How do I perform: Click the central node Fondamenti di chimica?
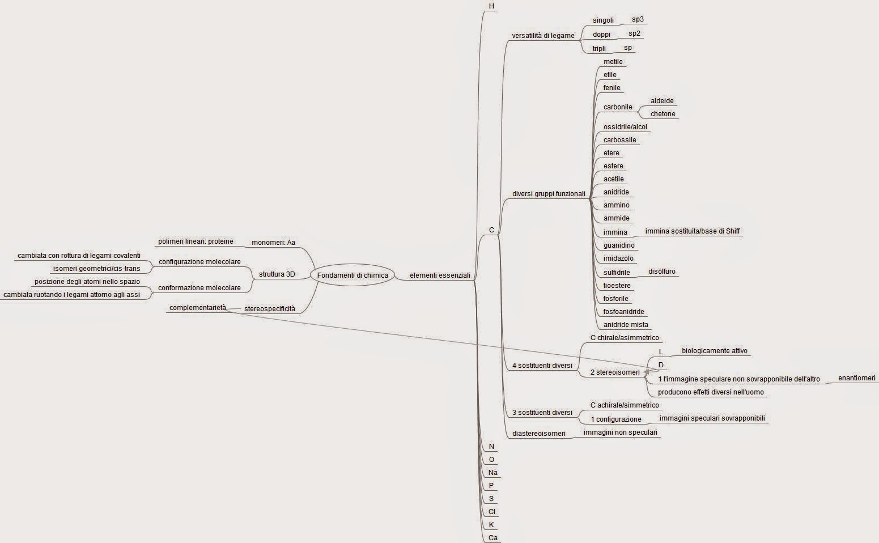click(x=353, y=275)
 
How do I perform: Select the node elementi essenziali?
click(x=440, y=275)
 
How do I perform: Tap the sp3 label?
click(x=638, y=19)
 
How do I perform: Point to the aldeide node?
click(x=662, y=101)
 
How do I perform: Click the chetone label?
click(x=663, y=114)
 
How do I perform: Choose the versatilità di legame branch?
click(x=543, y=36)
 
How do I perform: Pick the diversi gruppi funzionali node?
click(x=549, y=194)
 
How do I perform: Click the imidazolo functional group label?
click(x=618, y=258)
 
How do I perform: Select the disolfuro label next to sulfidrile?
click(x=662, y=271)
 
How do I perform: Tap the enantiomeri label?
click(x=856, y=378)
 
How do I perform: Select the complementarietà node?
click(x=197, y=308)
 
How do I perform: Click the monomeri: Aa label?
click(x=273, y=243)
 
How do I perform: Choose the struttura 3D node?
click(x=277, y=274)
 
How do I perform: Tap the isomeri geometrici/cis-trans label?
click(x=96, y=269)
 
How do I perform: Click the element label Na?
click(x=492, y=473)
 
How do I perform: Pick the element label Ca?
click(x=492, y=538)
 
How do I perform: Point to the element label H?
click(x=491, y=6)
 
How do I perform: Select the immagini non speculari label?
click(x=620, y=432)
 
